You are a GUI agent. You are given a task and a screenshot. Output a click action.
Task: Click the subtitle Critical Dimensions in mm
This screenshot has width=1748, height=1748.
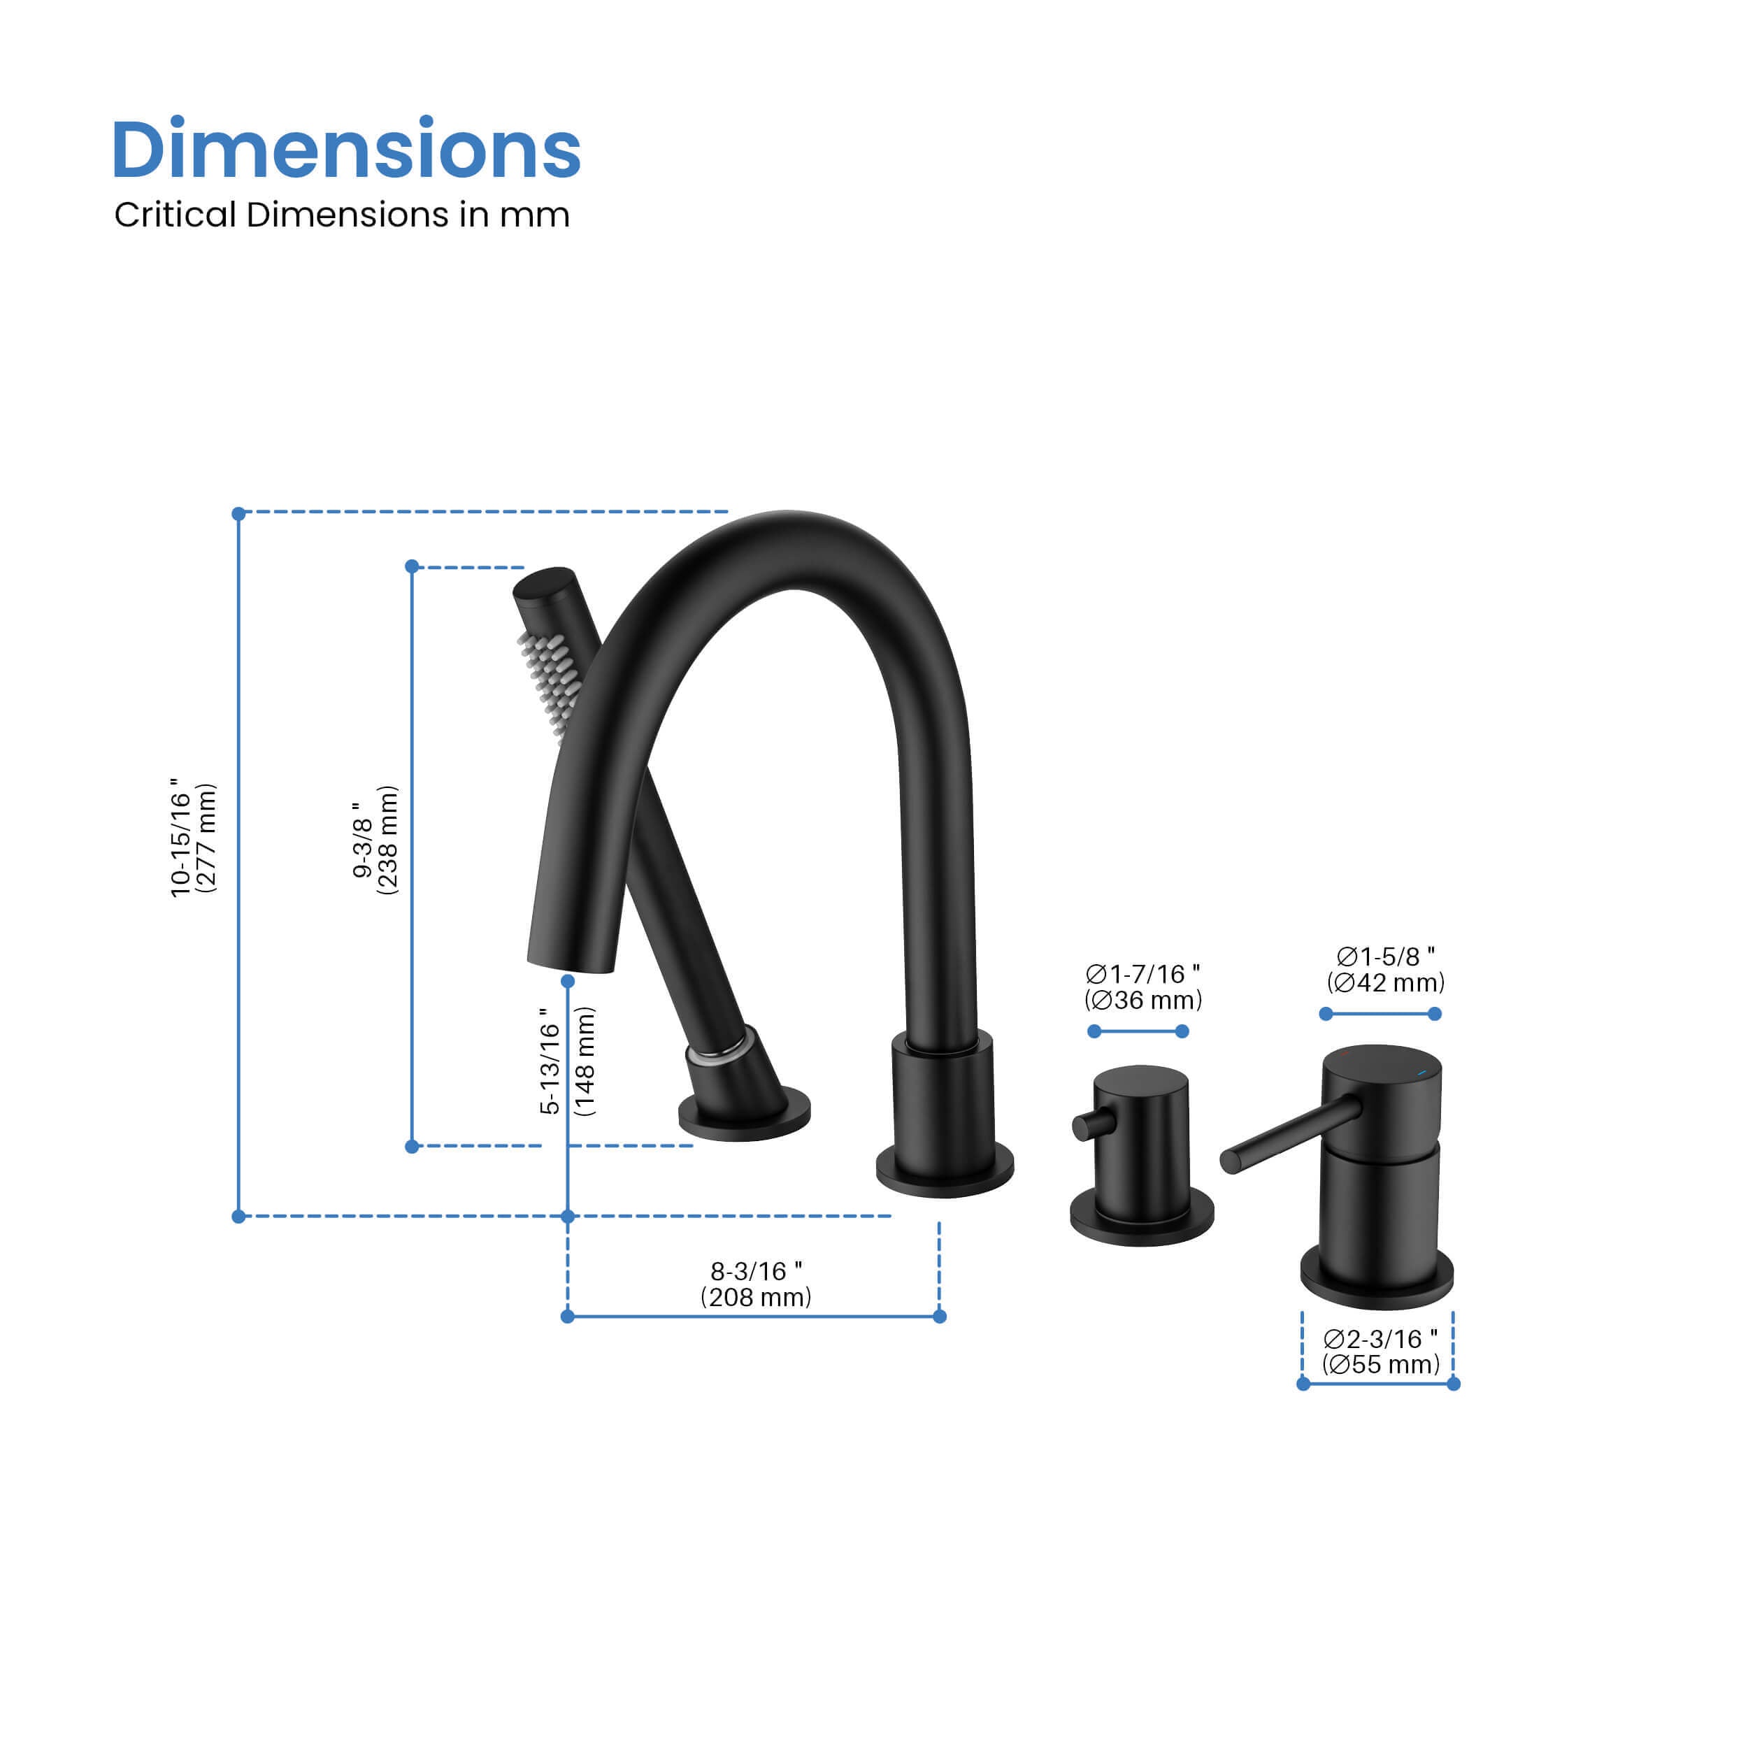(x=341, y=215)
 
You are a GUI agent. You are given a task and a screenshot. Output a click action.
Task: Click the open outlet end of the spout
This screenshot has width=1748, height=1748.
(x=572, y=966)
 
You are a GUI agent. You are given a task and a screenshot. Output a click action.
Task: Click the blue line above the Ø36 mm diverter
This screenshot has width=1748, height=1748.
(x=1138, y=1031)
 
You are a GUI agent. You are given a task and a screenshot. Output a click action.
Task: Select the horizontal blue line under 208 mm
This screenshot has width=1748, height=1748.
(x=753, y=1317)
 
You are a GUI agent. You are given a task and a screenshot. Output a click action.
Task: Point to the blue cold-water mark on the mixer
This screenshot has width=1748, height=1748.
(x=1422, y=1073)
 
